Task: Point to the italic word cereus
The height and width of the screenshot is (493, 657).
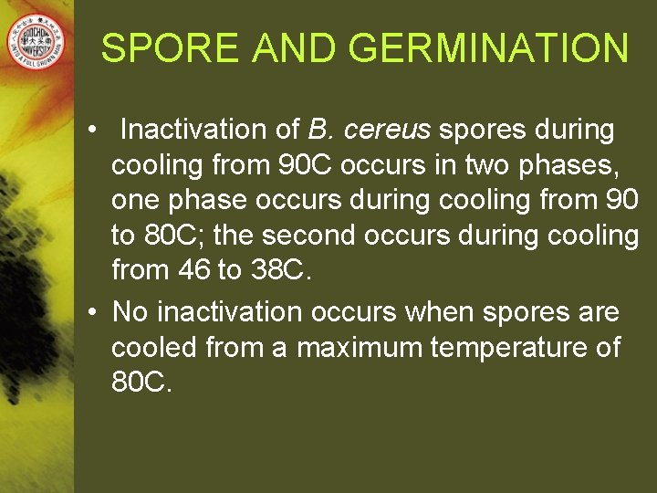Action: pos(387,131)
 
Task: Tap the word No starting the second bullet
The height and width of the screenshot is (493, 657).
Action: pos(130,313)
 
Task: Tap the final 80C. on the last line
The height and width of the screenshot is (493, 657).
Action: pos(141,383)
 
